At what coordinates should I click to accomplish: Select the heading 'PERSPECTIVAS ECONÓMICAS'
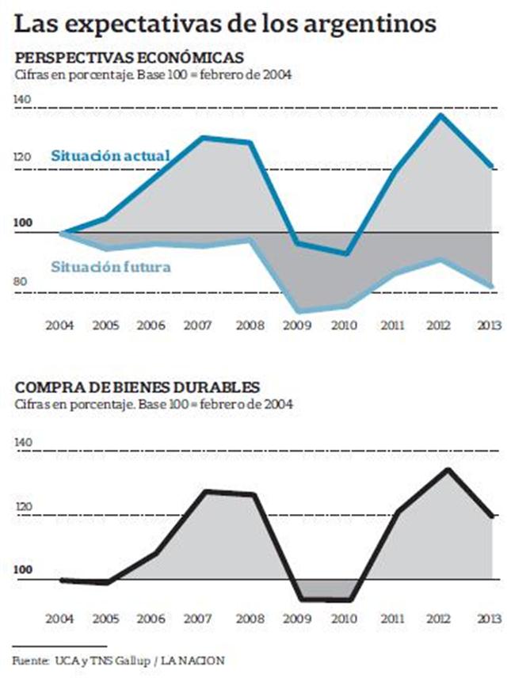(x=128, y=58)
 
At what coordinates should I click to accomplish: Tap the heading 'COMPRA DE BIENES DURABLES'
(x=137, y=388)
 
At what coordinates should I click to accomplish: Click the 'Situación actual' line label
(x=110, y=156)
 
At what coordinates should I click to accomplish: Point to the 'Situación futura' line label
(x=111, y=267)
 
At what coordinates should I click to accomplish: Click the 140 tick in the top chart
(x=22, y=99)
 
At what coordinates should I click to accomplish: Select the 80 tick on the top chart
(x=22, y=282)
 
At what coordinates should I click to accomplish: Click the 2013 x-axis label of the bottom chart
(x=491, y=616)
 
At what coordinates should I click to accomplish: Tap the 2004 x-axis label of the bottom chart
(x=61, y=616)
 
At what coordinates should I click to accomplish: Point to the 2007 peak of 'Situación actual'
(x=204, y=138)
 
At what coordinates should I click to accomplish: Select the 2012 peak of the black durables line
(x=448, y=470)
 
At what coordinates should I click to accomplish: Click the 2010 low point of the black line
(x=347, y=600)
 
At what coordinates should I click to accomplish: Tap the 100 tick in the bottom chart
(x=22, y=569)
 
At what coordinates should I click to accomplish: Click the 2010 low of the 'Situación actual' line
(x=346, y=253)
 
